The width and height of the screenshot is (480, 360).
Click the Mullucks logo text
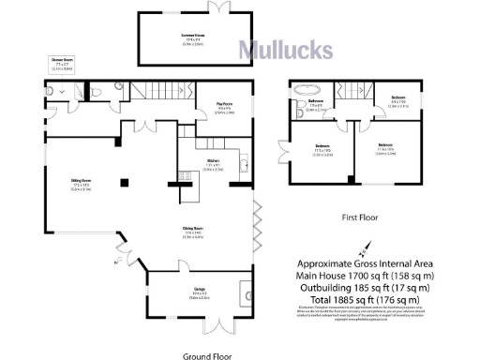pyautogui.click(x=277, y=50)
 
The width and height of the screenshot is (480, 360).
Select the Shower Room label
pyautogui.click(x=63, y=64)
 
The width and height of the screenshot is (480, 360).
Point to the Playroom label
pyautogui.click(x=225, y=108)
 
